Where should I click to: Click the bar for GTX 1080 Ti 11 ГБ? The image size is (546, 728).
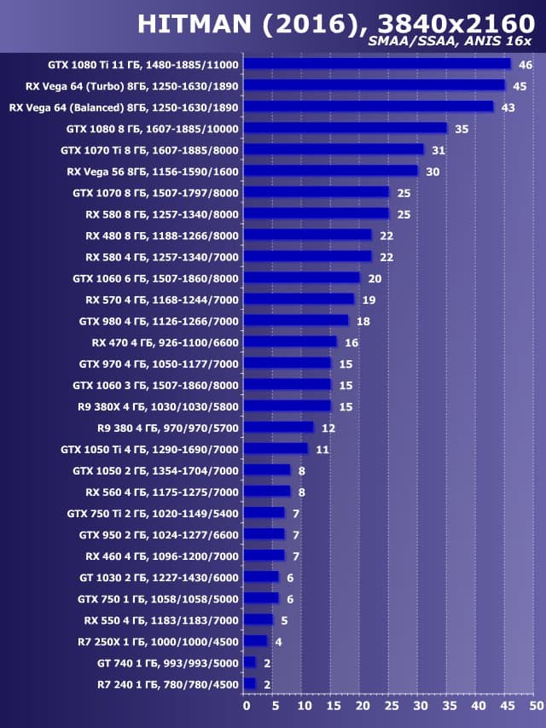(x=377, y=64)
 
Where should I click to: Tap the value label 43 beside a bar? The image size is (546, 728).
(x=508, y=107)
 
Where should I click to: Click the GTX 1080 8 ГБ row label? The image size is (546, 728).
(x=153, y=128)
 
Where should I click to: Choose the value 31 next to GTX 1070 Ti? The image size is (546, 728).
(x=439, y=149)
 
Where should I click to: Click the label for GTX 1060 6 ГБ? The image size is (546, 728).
(x=156, y=277)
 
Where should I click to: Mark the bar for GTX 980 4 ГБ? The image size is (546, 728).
(x=296, y=320)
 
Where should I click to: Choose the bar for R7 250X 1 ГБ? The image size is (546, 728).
(x=255, y=641)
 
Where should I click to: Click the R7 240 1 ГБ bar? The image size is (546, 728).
(x=249, y=684)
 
